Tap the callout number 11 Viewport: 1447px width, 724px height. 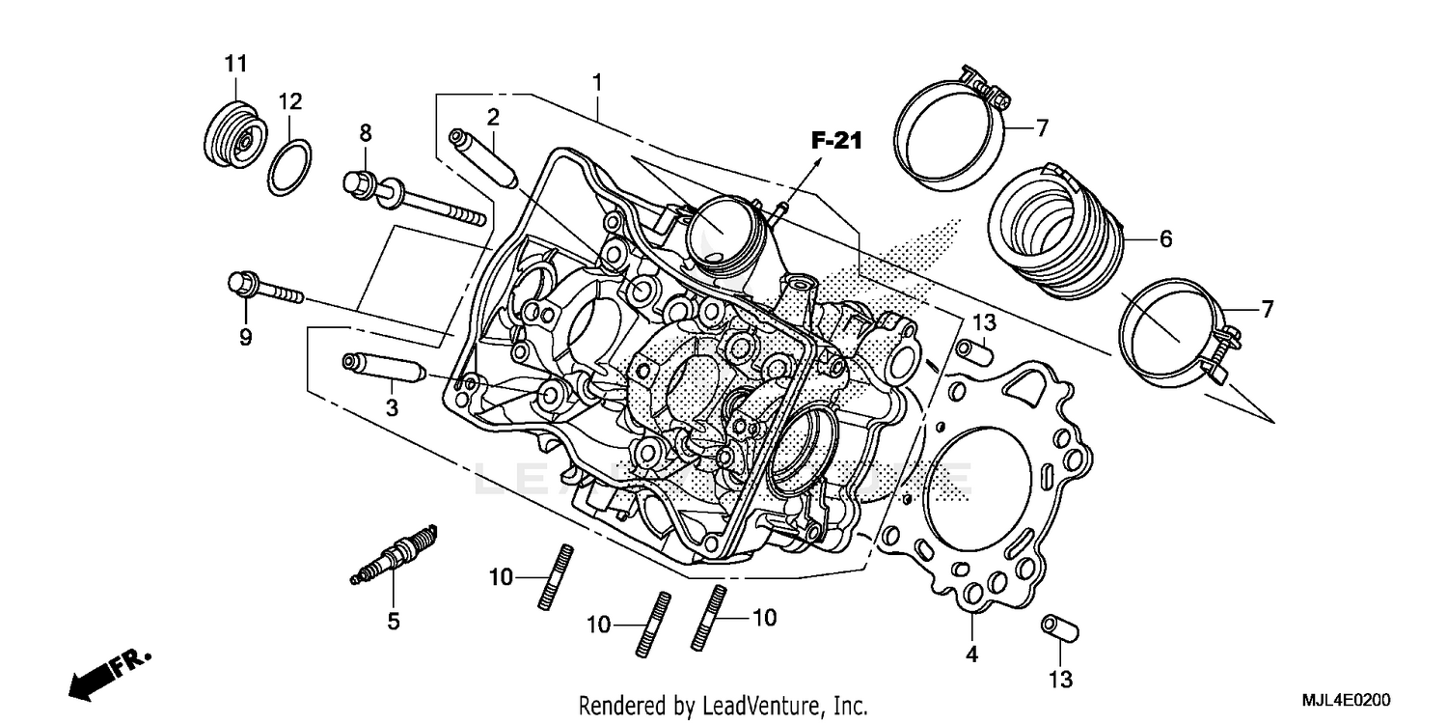[236, 65]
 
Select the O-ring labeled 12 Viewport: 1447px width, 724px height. [289, 166]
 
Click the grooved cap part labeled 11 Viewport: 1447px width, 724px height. [233, 137]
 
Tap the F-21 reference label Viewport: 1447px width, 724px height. [834, 142]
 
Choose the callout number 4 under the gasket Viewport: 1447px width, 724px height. [971, 654]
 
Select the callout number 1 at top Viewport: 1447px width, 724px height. [597, 83]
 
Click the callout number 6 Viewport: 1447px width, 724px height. [1165, 238]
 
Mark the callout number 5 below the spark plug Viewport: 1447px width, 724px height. [393, 622]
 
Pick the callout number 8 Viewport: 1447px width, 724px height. [366, 132]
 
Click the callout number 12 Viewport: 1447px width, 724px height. [290, 101]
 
